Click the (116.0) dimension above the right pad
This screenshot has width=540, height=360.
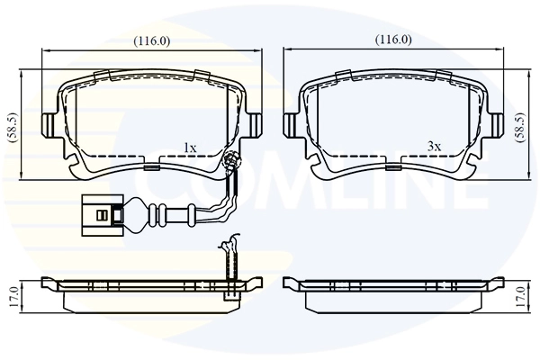click(393, 40)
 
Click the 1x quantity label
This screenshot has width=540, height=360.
click(190, 146)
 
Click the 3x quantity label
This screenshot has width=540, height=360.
click(434, 146)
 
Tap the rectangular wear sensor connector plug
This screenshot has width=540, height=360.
click(102, 214)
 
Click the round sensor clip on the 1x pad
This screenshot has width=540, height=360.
click(229, 162)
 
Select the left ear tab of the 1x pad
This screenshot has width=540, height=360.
click(49, 121)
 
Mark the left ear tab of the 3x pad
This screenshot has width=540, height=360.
click(291, 121)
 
